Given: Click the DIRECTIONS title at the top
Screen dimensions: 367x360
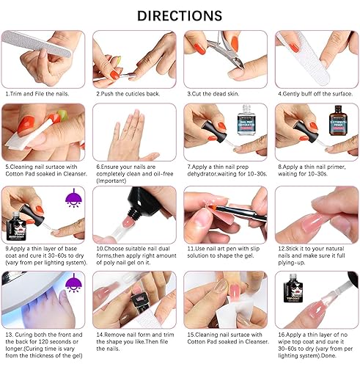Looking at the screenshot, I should (180, 15).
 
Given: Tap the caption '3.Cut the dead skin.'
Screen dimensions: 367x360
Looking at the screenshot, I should (221, 94).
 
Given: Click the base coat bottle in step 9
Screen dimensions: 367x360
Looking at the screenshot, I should (17, 220).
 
